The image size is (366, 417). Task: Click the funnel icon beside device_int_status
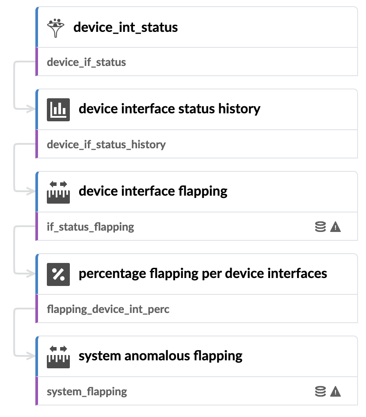click(56, 28)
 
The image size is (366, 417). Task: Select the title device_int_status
click(126, 27)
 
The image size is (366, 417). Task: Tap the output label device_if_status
click(86, 62)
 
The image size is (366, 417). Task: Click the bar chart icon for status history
click(58, 110)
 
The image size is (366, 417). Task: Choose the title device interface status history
click(169, 109)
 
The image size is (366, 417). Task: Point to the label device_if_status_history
click(106, 145)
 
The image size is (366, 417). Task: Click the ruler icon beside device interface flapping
click(58, 192)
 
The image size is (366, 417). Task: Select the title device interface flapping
click(153, 192)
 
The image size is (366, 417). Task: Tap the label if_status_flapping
click(90, 227)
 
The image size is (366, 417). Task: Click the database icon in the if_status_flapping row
click(320, 227)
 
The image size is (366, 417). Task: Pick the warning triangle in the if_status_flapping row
click(335, 227)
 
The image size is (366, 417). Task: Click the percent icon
click(58, 274)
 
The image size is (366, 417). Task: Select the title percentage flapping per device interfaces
click(203, 274)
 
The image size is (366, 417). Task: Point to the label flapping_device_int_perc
click(108, 309)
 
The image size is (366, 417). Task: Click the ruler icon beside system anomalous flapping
click(58, 357)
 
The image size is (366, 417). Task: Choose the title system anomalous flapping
click(160, 356)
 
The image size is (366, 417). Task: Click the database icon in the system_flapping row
click(320, 391)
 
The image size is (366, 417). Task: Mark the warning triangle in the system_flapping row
click(335, 391)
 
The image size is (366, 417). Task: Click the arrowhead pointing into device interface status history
click(31, 109)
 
